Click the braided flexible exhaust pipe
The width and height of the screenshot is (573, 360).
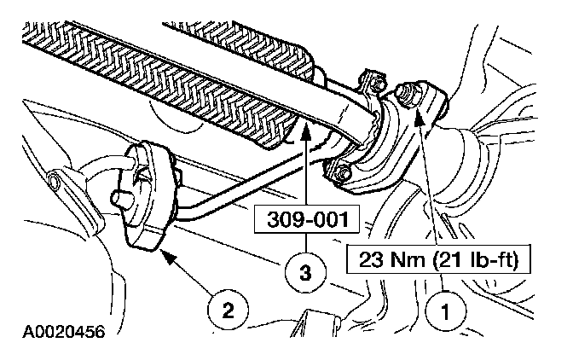pos(153,68)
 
